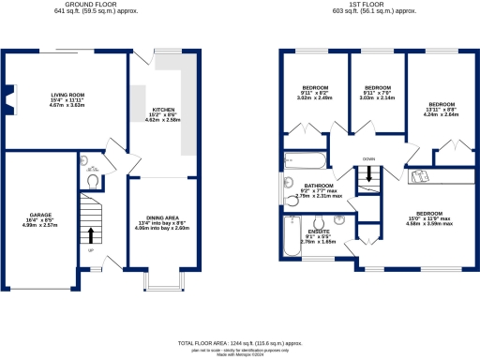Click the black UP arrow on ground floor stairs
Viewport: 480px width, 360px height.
[x=91, y=233]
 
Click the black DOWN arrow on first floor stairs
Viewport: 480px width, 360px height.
[x=369, y=174]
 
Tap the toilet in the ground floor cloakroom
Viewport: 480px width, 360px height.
[x=92, y=179]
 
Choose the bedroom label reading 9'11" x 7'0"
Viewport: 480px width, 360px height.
[x=376, y=90]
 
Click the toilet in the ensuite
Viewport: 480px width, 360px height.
[x=346, y=221]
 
